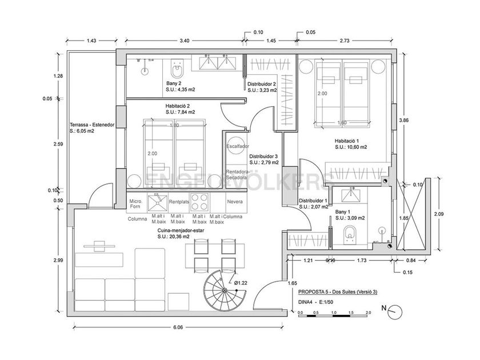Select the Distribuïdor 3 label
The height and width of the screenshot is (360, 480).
[264, 155]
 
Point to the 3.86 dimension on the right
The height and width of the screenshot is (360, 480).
[405, 121]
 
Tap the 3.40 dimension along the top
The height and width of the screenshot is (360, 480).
[184, 41]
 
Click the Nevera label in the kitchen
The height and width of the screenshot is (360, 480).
[235, 201]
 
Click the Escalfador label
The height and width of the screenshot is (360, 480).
[238, 146]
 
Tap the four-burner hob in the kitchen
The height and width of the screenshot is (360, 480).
[199, 202]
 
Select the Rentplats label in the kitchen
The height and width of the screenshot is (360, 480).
[179, 201]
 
